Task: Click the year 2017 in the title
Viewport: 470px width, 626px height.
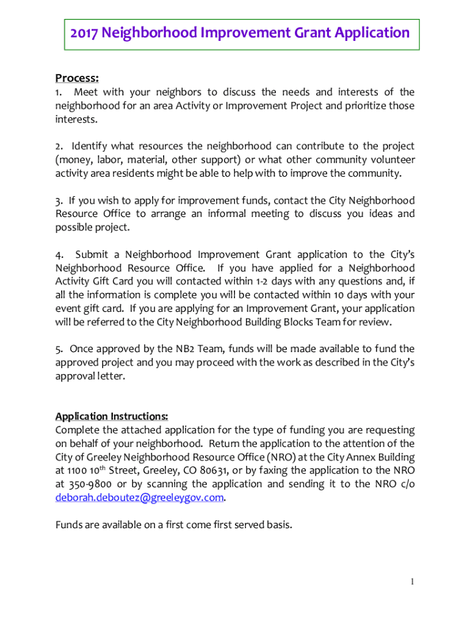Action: click(84, 32)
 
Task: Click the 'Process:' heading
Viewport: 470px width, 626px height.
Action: click(77, 78)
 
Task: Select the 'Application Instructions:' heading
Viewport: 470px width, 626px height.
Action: click(112, 416)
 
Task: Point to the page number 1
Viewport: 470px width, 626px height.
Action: click(413, 581)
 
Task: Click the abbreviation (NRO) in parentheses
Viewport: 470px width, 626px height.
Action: click(282, 457)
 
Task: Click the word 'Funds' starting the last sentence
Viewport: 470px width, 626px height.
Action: click(70, 524)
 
